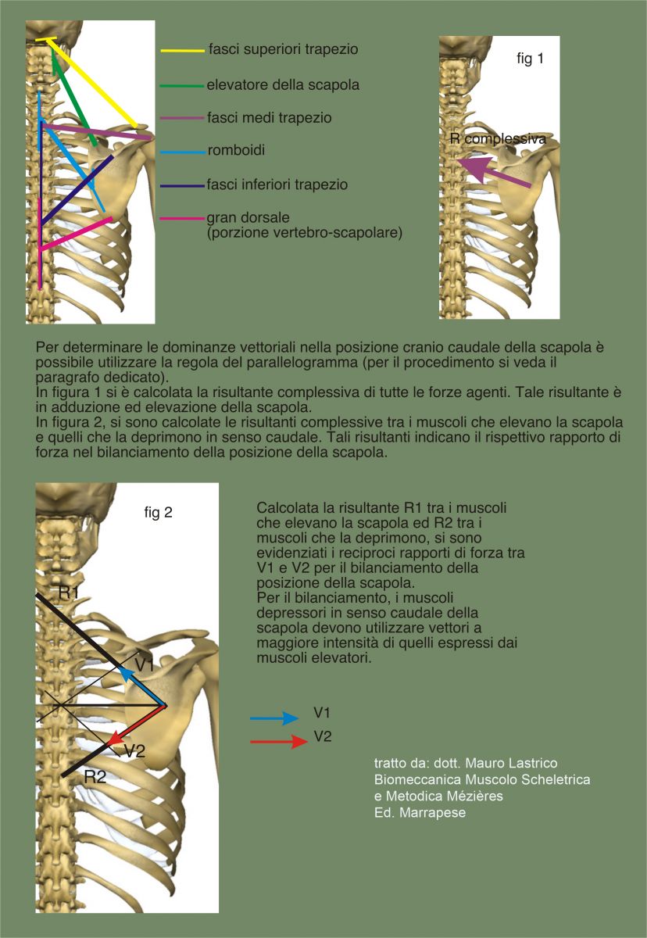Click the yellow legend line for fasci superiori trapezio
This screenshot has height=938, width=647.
point(183,51)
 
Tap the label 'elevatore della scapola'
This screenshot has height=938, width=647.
point(283,85)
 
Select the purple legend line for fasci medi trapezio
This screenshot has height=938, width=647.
point(183,118)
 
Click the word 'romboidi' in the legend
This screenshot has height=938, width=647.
point(236,150)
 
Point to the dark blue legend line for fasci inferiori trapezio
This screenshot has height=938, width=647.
point(183,185)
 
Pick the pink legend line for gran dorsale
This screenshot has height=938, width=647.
point(183,219)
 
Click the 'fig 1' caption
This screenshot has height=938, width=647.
point(531,59)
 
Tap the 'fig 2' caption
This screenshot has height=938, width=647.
point(158,512)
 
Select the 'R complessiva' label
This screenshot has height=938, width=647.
point(498,138)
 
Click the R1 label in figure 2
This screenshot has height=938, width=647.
point(69,593)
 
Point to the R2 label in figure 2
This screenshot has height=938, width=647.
point(95,777)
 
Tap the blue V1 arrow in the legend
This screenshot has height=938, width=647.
point(274,718)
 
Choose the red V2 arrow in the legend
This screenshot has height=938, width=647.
point(279,741)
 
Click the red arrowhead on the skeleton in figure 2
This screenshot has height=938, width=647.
point(115,739)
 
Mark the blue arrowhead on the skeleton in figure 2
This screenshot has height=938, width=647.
point(127,674)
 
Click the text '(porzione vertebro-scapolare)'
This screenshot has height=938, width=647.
point(305,233)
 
